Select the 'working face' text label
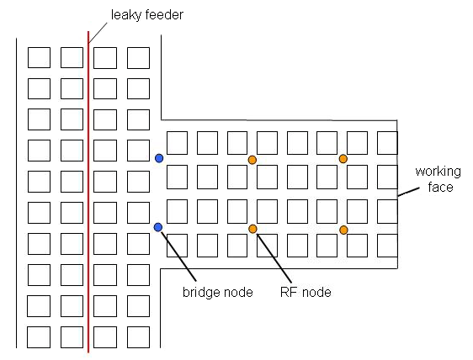click(434, 179)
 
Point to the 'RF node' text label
click(305, 293)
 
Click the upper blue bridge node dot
click(159, 157)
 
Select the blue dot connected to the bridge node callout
click(157, 227)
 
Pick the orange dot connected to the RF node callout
click(252, 229)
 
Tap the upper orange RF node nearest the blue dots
click(252, 160)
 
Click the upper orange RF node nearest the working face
click(343, 158)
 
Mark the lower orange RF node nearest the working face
click(343, 230)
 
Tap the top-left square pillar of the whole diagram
click(39, 57)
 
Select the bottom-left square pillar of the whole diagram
click(39, 336)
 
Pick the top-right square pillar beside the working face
click(387, 142)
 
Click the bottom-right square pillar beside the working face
click(387, 245)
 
